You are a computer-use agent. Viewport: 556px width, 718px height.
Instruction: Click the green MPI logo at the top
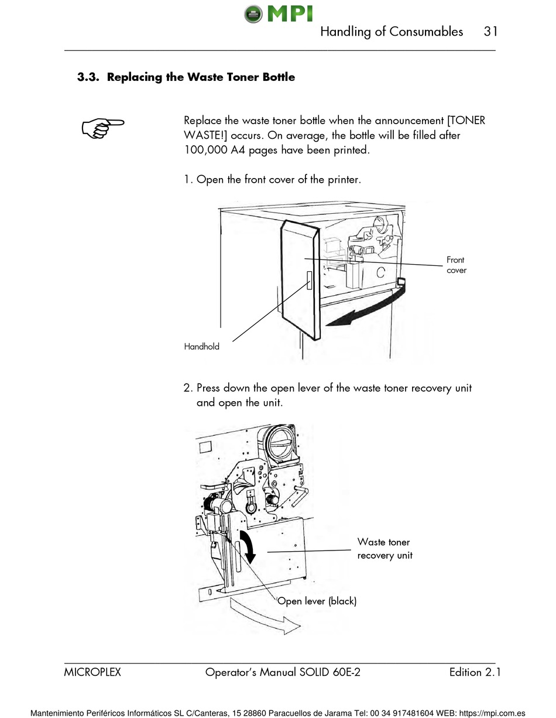tap(278, 13)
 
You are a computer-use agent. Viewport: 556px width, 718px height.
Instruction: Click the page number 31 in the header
tap(490, 32)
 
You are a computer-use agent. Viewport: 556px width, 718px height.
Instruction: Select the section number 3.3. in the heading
tap(90, 77)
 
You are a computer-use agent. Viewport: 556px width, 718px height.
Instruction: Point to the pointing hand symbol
tap(103, 128)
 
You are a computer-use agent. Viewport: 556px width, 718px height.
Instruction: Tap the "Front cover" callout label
tap(456, 265)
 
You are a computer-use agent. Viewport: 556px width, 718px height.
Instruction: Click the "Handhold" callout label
tap(201, 347)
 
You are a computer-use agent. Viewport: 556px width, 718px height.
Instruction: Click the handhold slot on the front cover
tap(309, 281)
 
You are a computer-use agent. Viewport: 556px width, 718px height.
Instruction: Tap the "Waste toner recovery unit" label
tap(385, 549)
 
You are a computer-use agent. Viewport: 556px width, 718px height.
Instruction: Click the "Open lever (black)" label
tap(317, 601)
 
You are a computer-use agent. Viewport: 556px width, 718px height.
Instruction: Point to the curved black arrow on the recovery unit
tap(249, 545)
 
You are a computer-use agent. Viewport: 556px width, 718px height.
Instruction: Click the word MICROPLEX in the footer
tap(92, 673)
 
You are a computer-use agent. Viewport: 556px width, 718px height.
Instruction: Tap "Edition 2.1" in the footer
tap(475, 673)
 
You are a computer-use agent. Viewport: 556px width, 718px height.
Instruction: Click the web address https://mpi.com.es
tap(493, 713)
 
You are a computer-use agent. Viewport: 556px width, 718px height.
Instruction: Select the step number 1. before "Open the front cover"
tap(188, 179)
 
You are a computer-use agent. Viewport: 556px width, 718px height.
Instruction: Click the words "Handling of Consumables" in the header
tap(391, 32)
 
